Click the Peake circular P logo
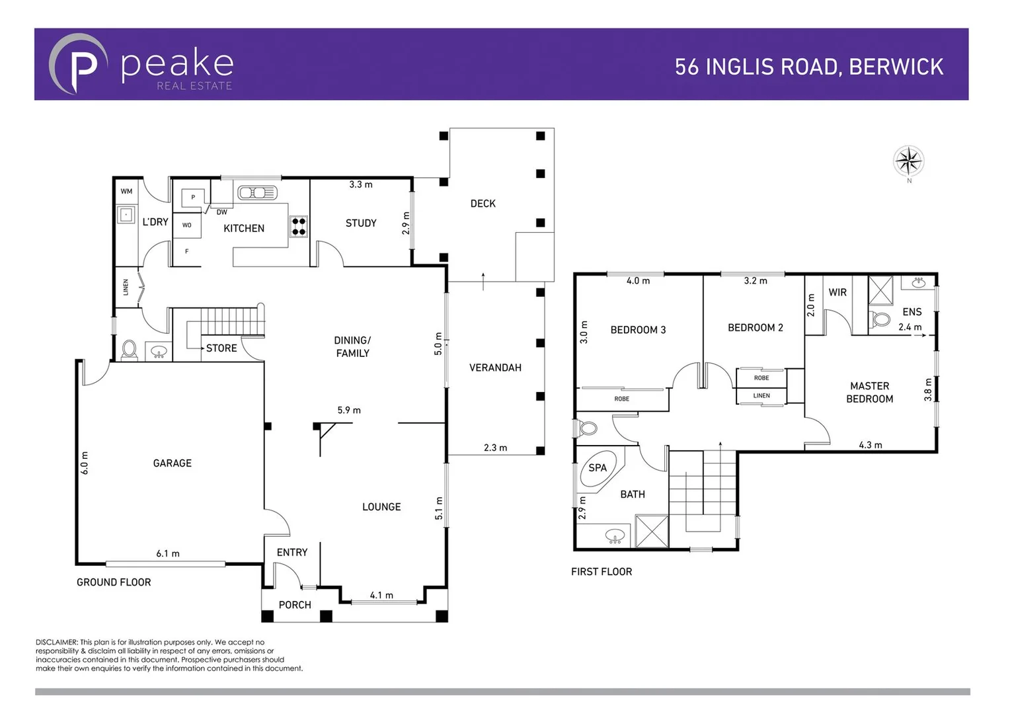79,65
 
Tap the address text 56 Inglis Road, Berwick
808,67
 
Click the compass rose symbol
908,161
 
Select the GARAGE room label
172,463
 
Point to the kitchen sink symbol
257,193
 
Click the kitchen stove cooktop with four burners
299,226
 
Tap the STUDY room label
361,223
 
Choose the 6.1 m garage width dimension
168,553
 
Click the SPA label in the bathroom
598,468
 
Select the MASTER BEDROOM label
869,392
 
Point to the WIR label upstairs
837,292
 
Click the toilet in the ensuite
880,320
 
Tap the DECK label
483,204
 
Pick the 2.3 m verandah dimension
495,448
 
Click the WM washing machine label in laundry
126,192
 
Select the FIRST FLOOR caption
601,572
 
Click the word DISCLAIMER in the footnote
57,642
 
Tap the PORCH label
295,605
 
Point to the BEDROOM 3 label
638,330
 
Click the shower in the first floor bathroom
652,532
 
